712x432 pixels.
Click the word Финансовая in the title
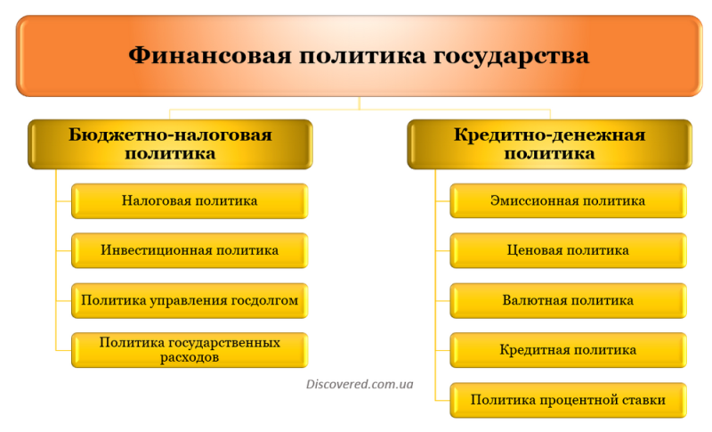click(x=210, y=56)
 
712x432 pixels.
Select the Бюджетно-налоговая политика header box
click(x=170, y=144)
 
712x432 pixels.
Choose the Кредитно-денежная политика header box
click(x=549, y=144)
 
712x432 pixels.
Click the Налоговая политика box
click(x=190, y=200)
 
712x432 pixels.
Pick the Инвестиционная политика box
click(x=190, y=250)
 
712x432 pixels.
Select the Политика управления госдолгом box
click(x=190, y=300)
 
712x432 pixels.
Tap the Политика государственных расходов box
click(x=190, y=350)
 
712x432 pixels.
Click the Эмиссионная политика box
click(x=568, y=200)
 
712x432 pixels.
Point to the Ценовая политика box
click(x=568, y=250)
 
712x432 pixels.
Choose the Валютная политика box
click(x=568, y=300)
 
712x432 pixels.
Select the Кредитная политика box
click(x=568, y=350)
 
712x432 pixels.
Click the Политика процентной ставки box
click(x=568, y=400)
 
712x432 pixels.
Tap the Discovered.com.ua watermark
click(x=360, y=384)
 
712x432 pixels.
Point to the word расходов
click(x=190, y=357)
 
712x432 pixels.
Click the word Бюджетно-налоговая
click(x=170, y=134)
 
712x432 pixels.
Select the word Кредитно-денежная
click(x=549, y=134)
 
